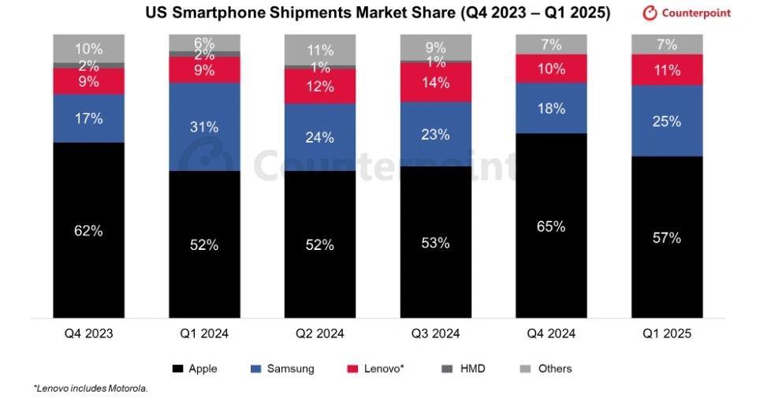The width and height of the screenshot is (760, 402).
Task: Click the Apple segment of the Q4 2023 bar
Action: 88,230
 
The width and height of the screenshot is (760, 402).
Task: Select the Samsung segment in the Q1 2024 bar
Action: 203,126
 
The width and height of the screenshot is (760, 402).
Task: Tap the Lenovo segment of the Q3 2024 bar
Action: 435,82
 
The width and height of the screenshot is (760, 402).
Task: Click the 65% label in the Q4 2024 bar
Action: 551,226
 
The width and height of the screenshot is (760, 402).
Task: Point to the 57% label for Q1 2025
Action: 667,237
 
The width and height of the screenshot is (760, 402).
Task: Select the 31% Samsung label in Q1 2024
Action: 203,126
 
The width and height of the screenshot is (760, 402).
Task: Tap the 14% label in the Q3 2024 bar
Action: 435,82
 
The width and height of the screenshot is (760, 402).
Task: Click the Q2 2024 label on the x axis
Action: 319,333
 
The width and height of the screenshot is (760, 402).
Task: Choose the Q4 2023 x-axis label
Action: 88,333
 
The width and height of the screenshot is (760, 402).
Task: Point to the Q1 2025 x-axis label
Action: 667,333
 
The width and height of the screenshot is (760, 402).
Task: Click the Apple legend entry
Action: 195,368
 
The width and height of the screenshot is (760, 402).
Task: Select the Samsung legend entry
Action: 282,368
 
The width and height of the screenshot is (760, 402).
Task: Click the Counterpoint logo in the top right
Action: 687,13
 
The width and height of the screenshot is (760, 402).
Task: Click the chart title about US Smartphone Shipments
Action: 378,13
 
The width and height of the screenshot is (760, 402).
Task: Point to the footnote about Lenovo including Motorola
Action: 91,389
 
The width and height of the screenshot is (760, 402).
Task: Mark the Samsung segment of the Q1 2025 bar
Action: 667,121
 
